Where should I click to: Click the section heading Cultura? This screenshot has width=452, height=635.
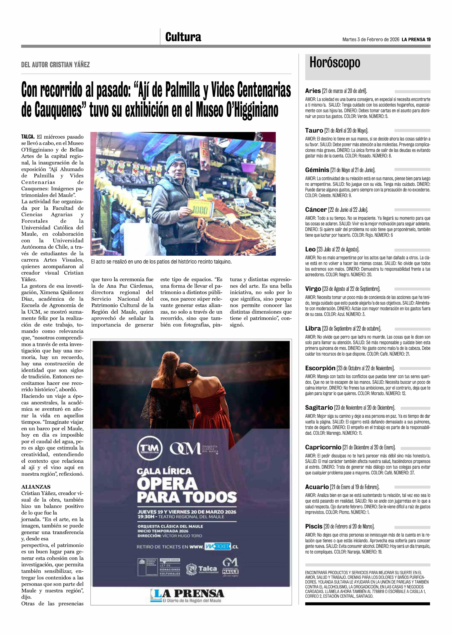click(x=183, y=37)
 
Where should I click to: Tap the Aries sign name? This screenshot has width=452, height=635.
click(x=313, y=91)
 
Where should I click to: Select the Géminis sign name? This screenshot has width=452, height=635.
click(x=317, y=170)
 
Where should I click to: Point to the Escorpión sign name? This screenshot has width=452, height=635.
click(x=320, y=368)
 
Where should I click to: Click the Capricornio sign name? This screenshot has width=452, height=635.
click(x=323, y=447)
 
